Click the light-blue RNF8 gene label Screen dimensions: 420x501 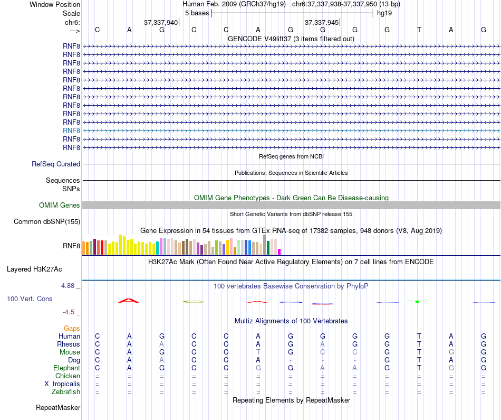point(71,130)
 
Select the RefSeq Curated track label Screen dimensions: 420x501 point(56,164)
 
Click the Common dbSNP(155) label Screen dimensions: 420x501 point(47,222)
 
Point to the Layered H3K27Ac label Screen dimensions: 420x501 point(34,269)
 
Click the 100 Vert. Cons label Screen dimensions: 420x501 point(30,299)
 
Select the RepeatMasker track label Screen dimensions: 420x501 point(58,408)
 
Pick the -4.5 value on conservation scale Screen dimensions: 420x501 point(70,312)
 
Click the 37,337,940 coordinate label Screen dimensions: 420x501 point(161,23)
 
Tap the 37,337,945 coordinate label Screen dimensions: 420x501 point(322,23)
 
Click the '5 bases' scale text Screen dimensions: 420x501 point(197,13)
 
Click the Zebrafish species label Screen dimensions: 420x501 point(66,392)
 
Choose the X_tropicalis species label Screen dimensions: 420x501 point(62,384)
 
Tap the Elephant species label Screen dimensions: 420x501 point(67,368)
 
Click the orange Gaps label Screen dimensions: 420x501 point(72,329)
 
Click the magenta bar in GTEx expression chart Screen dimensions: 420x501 point(280,251)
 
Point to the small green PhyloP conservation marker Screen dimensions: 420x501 point(417,301)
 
